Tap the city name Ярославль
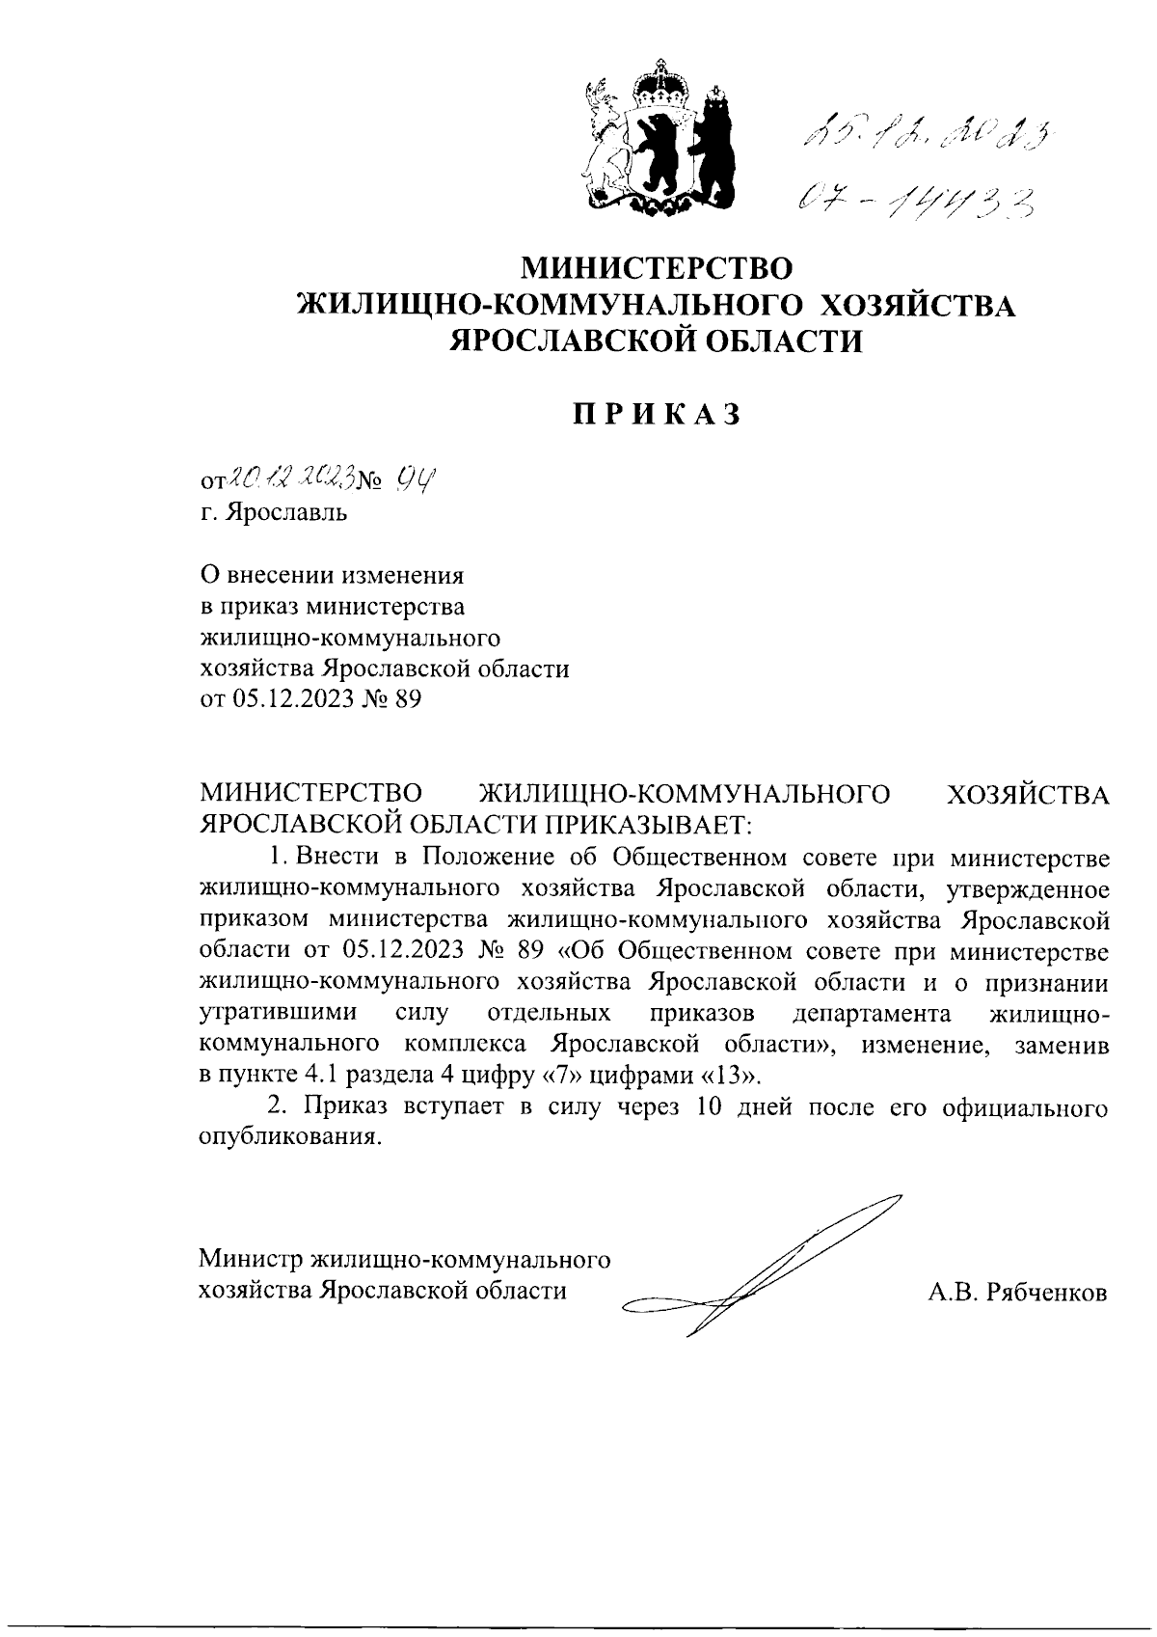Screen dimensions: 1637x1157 [x=285, y=512]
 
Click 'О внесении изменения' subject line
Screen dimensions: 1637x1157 [x=331, y=576]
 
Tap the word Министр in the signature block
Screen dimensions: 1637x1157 [x=250, y=1260]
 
